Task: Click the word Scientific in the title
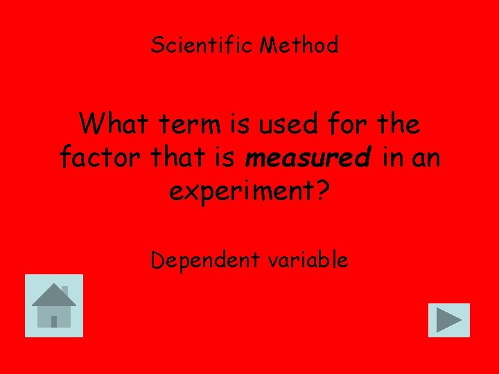202,46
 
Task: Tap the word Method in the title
299,46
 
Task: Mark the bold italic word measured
308,158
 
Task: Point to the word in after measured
392,158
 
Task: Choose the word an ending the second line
426,158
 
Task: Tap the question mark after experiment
322,191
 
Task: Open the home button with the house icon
54,305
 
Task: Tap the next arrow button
449,320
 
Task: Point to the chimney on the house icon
64,290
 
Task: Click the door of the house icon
54,321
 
